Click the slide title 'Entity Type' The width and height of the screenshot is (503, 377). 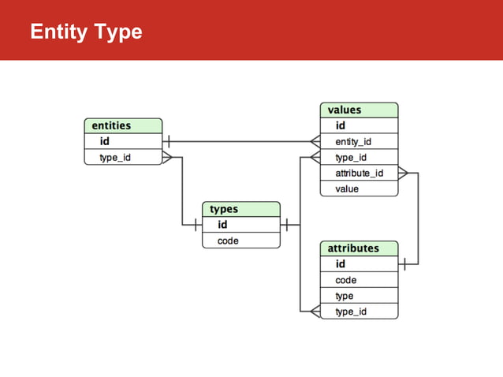(x=85, y=32)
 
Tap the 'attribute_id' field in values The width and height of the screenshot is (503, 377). (x=359, y=173)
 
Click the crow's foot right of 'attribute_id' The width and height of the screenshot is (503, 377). (x=404, y=173)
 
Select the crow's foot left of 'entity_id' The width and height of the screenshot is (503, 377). (x=314, y=142)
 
